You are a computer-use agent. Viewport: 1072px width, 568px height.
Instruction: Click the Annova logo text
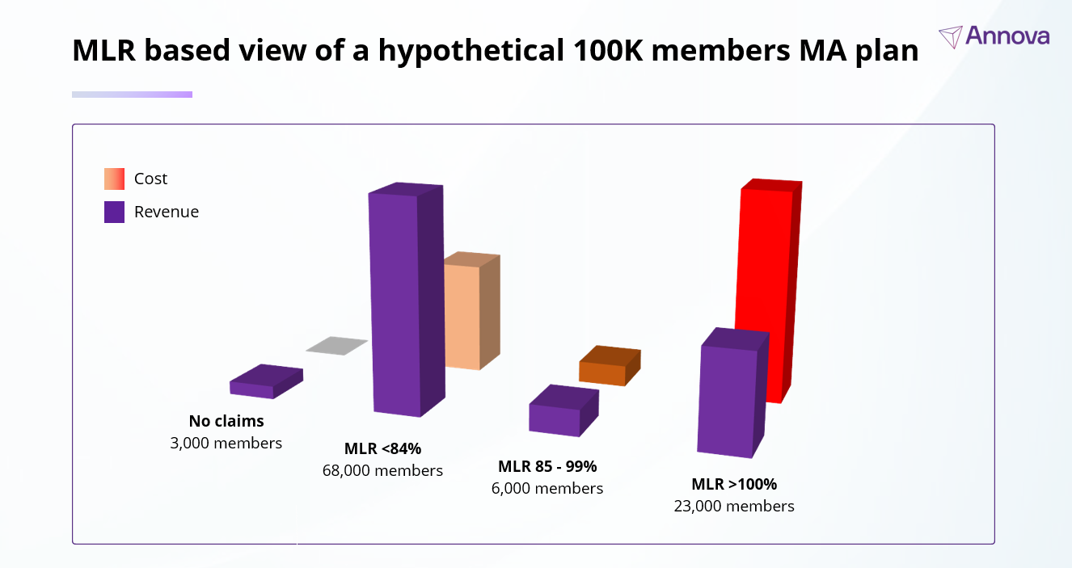pyautogui.click(x=1007, y=36)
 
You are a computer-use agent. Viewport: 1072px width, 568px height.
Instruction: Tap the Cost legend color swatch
pyautogui.click(x=114, y=179)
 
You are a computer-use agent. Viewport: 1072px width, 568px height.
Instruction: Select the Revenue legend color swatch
pyautogui.click(x=114, y=212)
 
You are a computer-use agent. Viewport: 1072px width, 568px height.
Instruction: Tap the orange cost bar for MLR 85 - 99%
pyautogui.click(x=602, y=372)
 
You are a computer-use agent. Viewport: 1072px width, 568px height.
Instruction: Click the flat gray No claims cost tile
pyautogui.click(x=336, y=346)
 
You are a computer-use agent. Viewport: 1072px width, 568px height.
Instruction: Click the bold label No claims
pyautogui.click(x=226, y=421)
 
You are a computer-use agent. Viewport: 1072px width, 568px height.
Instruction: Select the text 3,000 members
pyautogui.click(x=226, y=443)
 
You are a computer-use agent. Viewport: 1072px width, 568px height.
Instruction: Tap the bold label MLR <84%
pyautogui.click(x=382, y=448)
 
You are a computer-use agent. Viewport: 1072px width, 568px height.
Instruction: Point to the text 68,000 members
pyautogui.click(x=382, y=470)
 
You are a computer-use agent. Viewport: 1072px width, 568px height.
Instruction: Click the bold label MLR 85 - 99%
pyautogui.click(x=547, y=466)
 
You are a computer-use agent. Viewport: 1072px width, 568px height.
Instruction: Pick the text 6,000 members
pyautogui.click(x=547, y=488)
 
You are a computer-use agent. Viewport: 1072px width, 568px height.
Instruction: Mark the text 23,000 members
pyautogui.click(x=734, y=506)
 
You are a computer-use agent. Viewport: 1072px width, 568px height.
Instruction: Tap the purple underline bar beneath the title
pyautogui.click(x=132, y=95)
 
